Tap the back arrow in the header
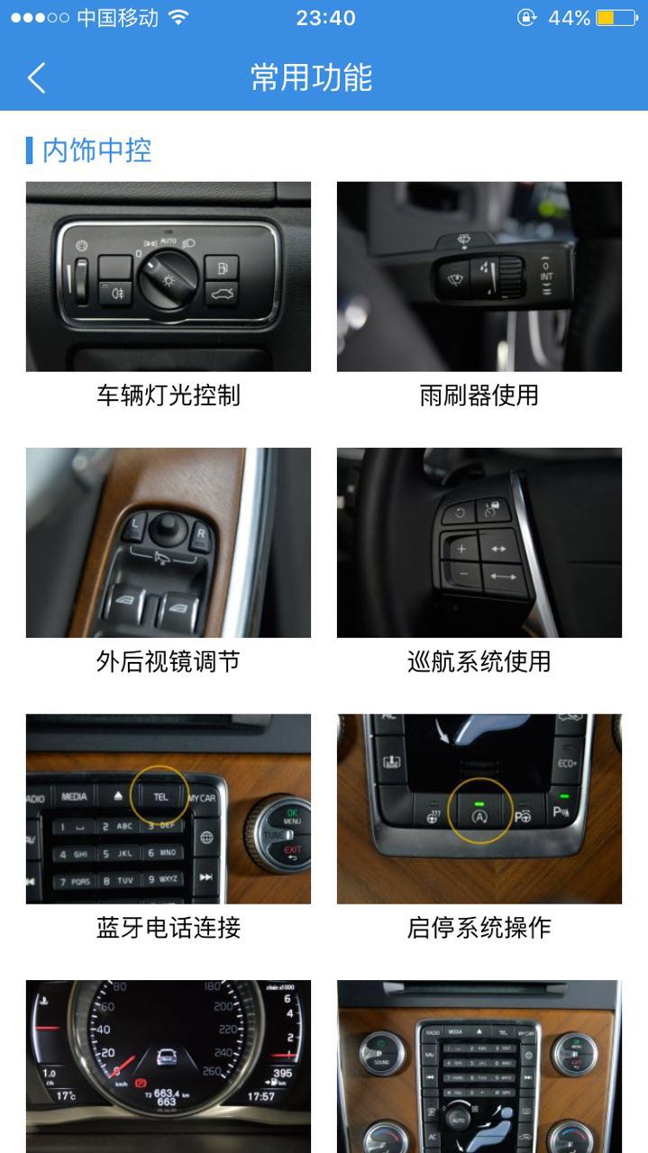(x=36, y=77)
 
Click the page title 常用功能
(x=311, y=77)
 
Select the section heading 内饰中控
(x=96, y=150)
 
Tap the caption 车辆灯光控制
(x=169, y=395)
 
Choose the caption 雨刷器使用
(x=479, y=395)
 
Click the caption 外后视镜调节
(x=169, y=662)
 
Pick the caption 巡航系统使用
(x=479, y=662)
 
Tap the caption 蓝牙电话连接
(x=169, y=928)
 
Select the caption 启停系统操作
(x=479, y=928)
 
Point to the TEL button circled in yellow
(x=160, y=797)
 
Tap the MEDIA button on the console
(x=74, y=797)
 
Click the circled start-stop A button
(x=479, y=816)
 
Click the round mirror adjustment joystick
(x=168, y=524)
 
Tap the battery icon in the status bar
(x=617, y=18)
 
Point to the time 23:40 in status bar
(x=325, y=18)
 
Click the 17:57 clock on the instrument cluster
(x=261, y=1096)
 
